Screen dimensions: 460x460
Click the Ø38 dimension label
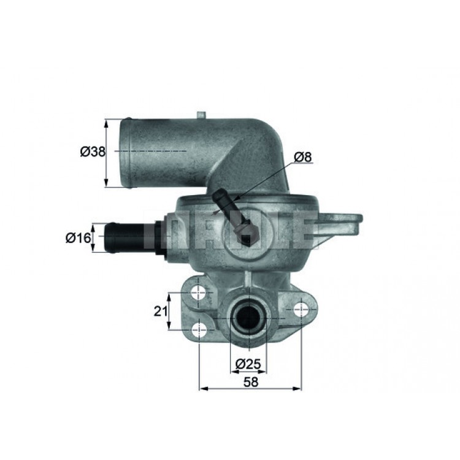[93, 151]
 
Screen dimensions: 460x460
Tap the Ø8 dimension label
[302, 157]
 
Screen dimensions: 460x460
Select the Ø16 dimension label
[78, 237]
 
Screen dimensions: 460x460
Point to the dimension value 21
[161, 311]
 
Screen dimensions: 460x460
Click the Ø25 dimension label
[248, 364]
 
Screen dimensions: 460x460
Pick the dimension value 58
[251, 382]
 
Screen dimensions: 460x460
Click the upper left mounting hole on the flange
[199, 293]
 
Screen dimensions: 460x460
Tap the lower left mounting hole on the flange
[199, 330]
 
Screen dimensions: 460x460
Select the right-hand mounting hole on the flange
[301, 310]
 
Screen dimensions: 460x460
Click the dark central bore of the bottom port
[248, 318]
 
